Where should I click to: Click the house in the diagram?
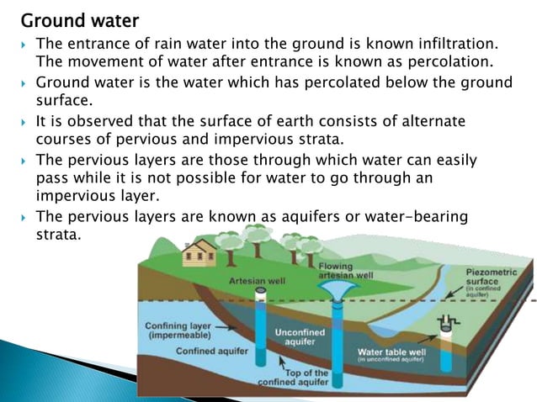pyautogui.click(x=199, y=251)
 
